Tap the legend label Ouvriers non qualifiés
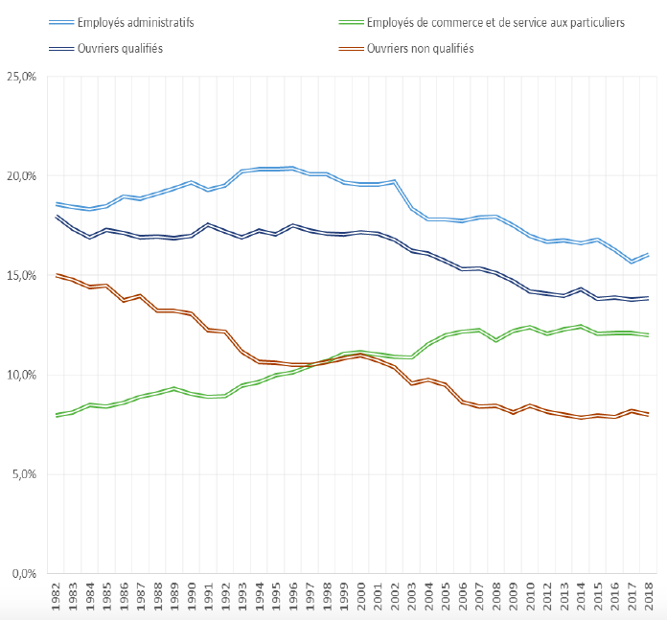[x=420, y=48]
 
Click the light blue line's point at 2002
[x=395, y=180]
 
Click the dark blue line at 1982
[x=57, y=217]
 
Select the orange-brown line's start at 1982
[x=57, y=275]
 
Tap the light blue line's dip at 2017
[x=632, y=262]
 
